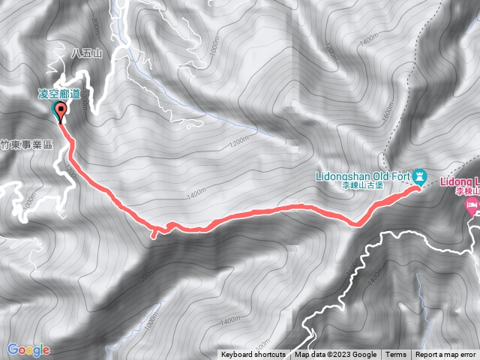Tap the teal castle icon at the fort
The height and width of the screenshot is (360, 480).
click(x=420, y=177)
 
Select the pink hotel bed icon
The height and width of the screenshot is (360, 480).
click(x=472, y=205)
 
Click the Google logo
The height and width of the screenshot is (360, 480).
click(x=28, y=349)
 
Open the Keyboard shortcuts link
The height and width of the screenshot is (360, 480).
click(x=253, y=355)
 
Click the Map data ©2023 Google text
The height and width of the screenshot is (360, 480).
click(x=335, y=355)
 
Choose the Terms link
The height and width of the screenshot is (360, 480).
click(x=396, y=355)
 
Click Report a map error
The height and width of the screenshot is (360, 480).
click(x=445, y=355)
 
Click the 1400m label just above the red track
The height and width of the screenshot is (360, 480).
click(x=197, y=193)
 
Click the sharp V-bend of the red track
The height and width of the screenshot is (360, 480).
click(x=358, y=223)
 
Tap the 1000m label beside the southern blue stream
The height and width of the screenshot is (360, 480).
click(x=152, y=317)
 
